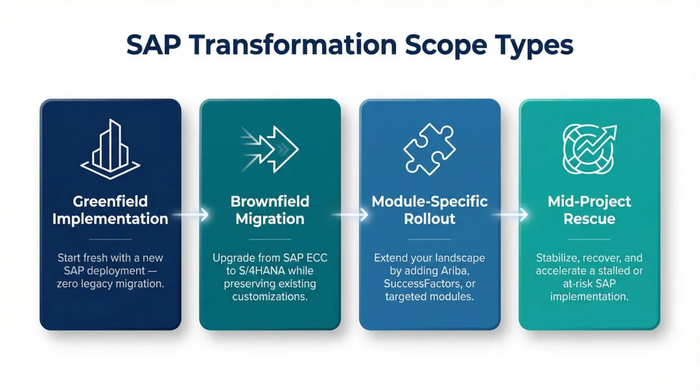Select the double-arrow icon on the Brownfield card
[270, 148]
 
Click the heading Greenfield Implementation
[110, 210]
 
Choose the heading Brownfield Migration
[270, 210]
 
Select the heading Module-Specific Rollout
[429, 210]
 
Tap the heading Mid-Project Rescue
[589, 210]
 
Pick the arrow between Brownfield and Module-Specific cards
[350, 215]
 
